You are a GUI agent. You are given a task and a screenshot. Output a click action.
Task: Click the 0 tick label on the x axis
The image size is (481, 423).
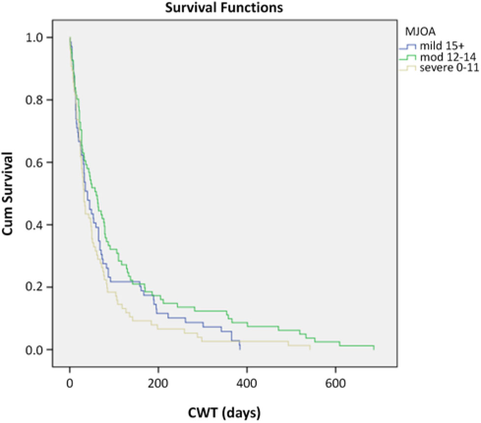click(70, 383)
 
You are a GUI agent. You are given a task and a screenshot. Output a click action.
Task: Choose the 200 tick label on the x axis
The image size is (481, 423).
click(158, 383)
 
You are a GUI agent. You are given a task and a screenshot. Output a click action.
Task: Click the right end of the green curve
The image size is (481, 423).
click(374, 349)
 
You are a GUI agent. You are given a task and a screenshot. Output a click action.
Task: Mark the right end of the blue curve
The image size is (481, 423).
click(240, 349)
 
